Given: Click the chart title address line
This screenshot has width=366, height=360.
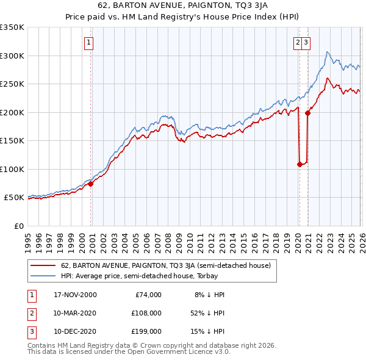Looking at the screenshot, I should click(182, 7).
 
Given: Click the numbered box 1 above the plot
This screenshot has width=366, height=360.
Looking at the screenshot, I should click(89, 43).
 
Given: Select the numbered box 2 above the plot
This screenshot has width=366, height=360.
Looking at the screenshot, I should click(297, 43).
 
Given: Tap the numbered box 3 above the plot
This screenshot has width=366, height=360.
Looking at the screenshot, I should click(305, 43).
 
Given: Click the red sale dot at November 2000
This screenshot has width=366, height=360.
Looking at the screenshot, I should click(91, 184).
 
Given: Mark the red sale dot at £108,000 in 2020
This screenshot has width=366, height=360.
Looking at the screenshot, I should click(300, 164).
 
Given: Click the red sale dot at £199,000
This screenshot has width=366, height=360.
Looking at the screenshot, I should click(307, 113).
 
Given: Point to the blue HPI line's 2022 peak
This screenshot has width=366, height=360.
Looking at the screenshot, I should click(328, 52).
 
